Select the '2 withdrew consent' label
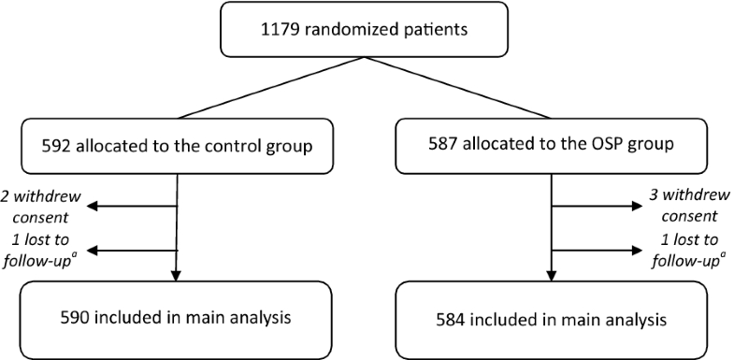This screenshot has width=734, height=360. point(41,208)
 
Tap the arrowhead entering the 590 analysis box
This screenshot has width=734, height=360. point(177,275)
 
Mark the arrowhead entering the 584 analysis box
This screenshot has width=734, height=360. point(551,275)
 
